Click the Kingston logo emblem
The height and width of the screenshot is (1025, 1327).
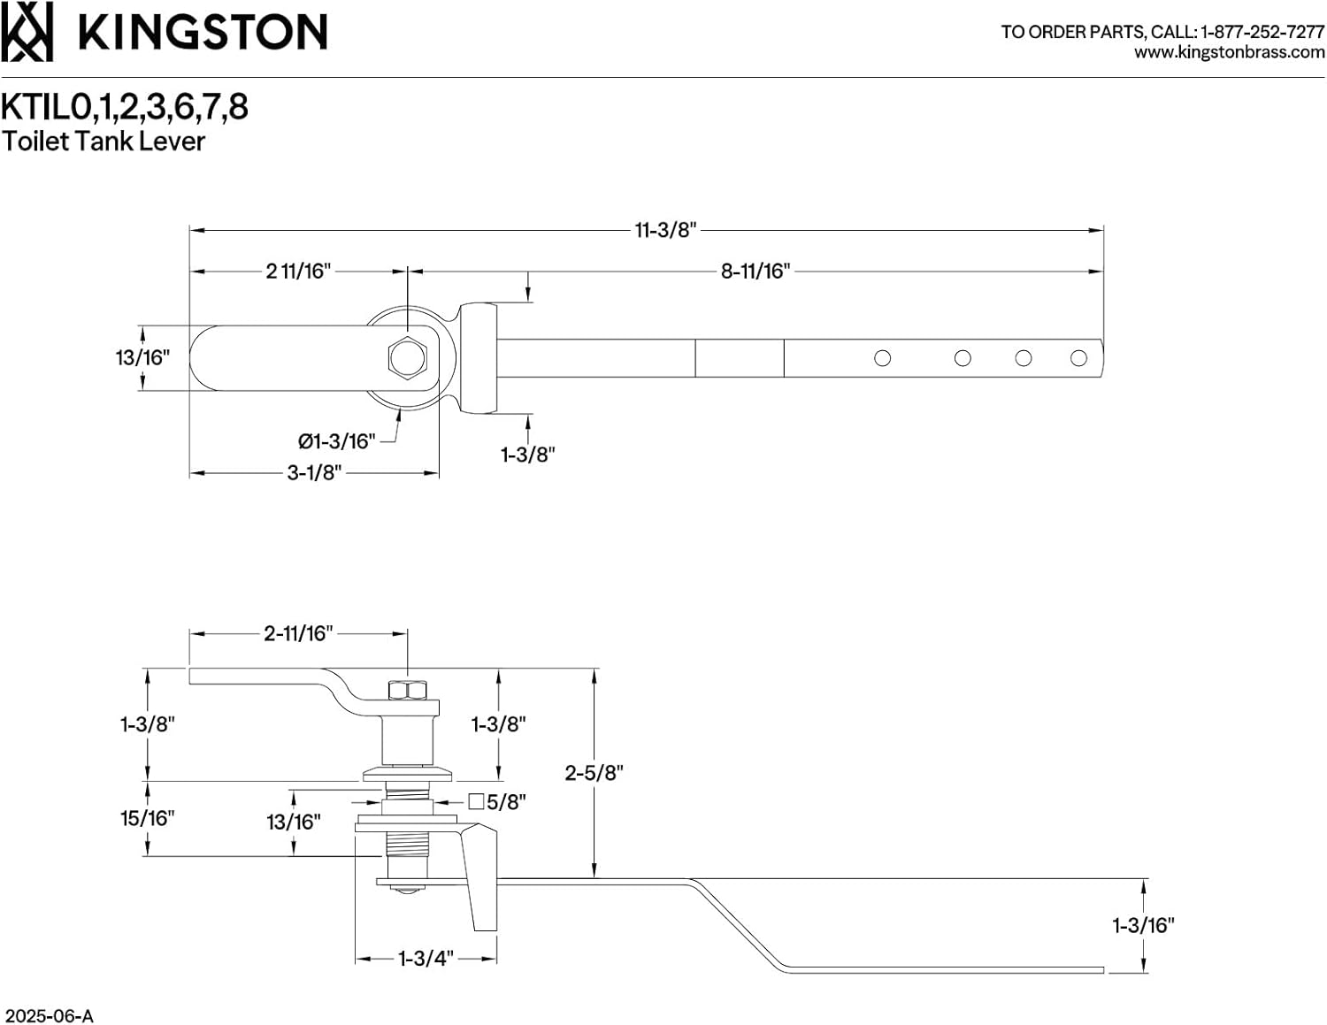[x=27, y=32]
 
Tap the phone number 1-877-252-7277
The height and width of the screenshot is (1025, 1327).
[x=1262, y=32]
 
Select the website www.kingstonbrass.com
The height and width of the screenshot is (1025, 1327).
[x=1229, y=53]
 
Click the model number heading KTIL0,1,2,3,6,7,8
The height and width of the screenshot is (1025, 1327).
[x=125, y=107]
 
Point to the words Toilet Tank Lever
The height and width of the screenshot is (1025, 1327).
[x=104, y=142]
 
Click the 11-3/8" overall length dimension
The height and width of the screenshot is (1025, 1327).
[x=665, y=230]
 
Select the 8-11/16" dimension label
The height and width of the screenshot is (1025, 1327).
[x=755, y=272]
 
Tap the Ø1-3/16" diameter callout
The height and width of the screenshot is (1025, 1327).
[x=336, y=440]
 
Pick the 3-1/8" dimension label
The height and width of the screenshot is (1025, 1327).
[x=313, y=473]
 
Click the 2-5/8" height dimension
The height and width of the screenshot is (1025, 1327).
[x=594, y=772]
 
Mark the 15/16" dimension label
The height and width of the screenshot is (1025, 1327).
[x=147, y=818]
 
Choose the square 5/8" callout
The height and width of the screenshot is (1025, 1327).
[x=497, y=802]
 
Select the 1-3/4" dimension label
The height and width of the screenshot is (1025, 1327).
[x=426, y=959]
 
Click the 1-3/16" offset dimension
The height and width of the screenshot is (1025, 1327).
[x=1143, y=926]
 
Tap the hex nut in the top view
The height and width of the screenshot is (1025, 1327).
[x=407, y=357]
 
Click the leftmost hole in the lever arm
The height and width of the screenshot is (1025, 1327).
[x=882, y=358]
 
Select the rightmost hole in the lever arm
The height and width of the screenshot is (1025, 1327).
[x=1078, y=358]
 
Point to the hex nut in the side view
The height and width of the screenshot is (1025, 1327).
[x=407, y=689]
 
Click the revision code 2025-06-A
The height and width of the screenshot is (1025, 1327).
[x=49, y=1015]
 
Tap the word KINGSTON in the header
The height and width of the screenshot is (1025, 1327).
[x=203, y=33]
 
